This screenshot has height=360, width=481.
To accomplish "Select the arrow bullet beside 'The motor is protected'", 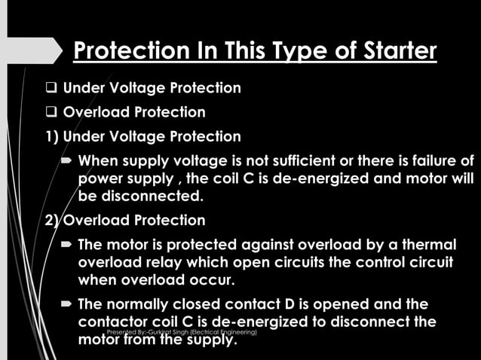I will coord(67,245).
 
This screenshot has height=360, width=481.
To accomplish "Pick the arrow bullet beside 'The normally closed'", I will coord(67,304).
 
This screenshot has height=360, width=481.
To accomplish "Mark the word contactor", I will coord(112,322).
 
